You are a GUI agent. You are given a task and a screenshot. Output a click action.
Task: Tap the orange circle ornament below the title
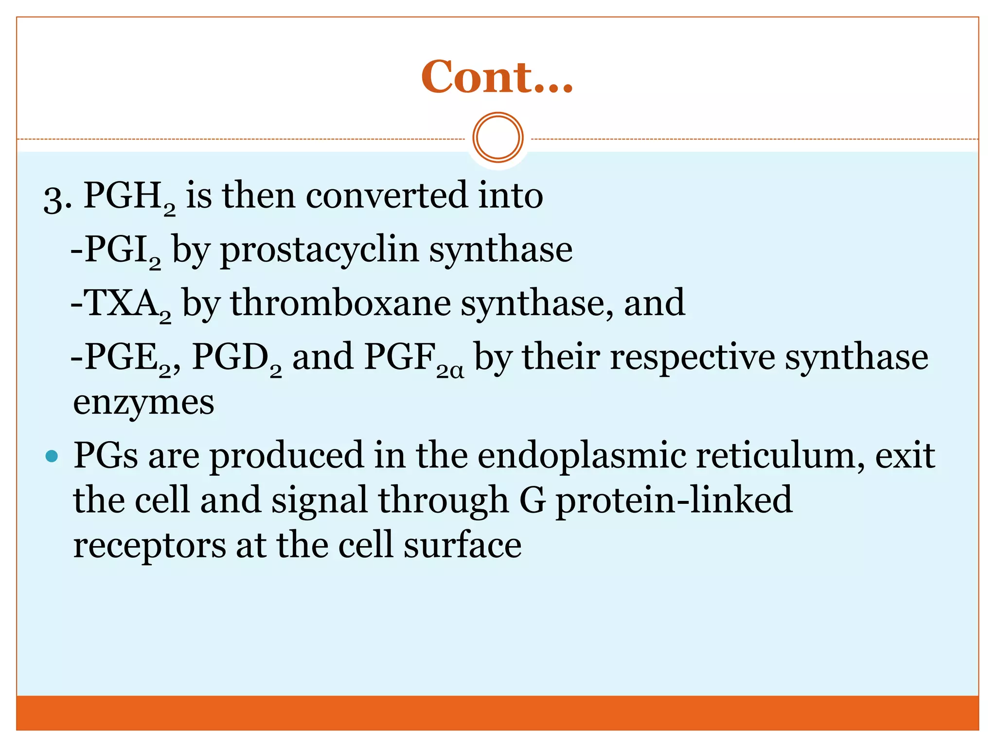point(498,138)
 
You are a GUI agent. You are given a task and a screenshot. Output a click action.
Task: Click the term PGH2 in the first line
point(129,197)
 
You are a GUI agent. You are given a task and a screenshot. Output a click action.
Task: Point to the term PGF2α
point(413,359)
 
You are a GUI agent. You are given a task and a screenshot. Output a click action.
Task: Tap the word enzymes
point(143,403)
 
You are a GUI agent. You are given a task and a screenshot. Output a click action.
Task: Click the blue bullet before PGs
point(51,456)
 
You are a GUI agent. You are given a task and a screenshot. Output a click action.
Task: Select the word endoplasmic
point(582,456)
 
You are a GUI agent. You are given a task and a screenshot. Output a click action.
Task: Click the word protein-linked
point(674,500)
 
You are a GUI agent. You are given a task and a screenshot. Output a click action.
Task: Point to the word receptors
point(149,546)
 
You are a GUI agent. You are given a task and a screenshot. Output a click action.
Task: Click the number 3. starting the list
point(57,198)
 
